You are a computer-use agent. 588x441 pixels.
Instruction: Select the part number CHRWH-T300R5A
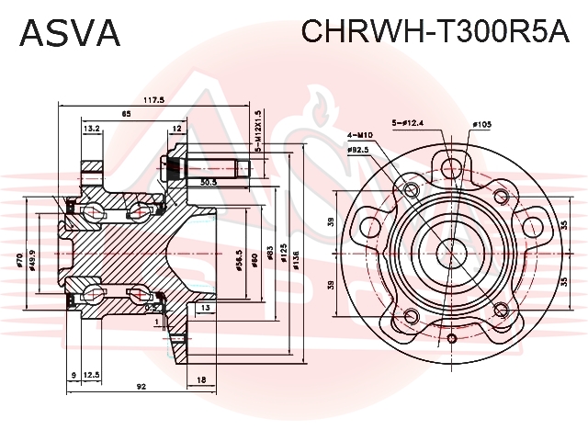pos(436,34)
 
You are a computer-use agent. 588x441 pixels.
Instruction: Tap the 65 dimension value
pos(126,114)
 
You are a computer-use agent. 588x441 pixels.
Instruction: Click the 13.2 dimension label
pos(91,130)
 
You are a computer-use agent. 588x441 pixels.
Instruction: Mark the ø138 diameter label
pos(295,264)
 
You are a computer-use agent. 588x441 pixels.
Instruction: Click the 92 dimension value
pos(141,387)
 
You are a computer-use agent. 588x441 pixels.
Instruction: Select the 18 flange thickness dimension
pos(201,379)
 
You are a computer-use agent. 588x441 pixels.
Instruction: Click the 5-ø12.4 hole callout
pos(407,121)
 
